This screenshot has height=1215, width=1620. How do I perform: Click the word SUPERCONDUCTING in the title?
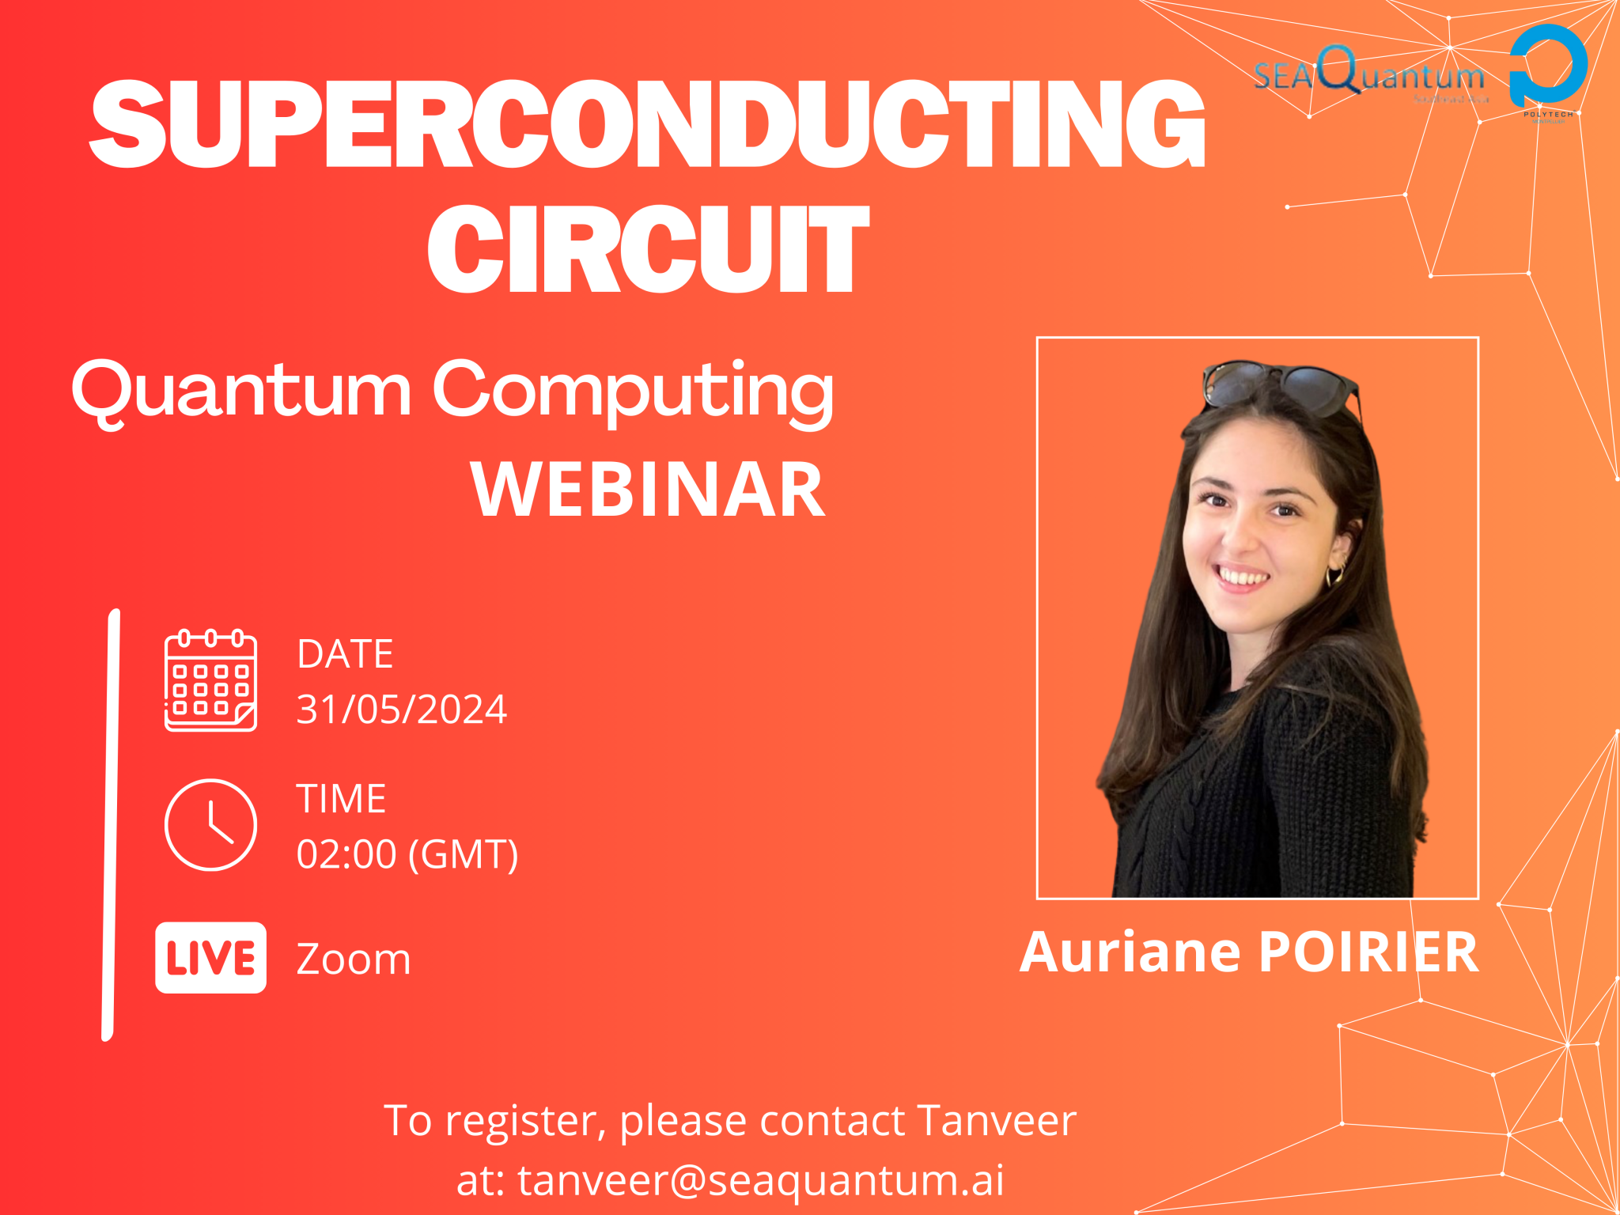coord(647,124)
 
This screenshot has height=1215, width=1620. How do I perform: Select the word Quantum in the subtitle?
coord(241,390)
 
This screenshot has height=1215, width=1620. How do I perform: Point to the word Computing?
coord(633,390)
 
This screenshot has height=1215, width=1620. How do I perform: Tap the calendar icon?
coord(210,680)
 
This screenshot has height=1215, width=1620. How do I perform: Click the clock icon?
coord(210,824)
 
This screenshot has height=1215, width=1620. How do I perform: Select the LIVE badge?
coord(210,958)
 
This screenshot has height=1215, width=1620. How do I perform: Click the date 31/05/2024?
coord(401,709)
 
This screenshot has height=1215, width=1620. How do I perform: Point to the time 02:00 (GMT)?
coord(407,854)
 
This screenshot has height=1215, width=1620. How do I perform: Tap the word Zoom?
coord(354,960)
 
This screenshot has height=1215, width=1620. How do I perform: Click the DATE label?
coord(345,654)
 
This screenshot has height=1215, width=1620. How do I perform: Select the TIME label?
coord(341,799)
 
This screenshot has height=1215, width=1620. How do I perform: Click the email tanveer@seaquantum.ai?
coord(761,1180)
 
